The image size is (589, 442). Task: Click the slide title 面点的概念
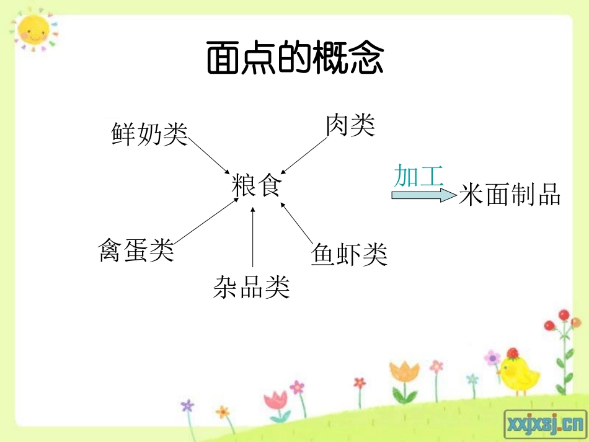pos(294,60)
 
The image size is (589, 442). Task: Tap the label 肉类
pos(350,125)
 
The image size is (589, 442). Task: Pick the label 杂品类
pos(251,286)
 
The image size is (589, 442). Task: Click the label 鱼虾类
pos(349,254)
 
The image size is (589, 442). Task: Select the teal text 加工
pos(418,177)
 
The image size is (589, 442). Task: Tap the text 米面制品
pos(510,195)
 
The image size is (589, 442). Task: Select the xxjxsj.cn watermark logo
pos(545,424)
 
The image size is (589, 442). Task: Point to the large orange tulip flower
pos(404,372)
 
